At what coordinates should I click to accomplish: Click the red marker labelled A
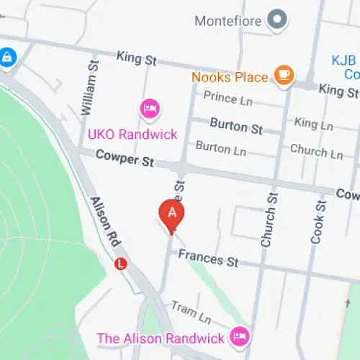point(171,214)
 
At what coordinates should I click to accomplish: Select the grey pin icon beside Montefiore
point(276,20)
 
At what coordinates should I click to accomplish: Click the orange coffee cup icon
point(284,76)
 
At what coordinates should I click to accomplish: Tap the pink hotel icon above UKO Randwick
point(150,109)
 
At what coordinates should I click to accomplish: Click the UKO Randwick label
point(132,134)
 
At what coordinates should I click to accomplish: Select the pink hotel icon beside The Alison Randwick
point(239,336)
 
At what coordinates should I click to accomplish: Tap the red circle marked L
point(121,264)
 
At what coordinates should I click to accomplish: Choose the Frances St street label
point(208,258)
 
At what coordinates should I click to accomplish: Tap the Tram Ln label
point(190,311)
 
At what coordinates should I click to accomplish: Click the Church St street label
point(269,219)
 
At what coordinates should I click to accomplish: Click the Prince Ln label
point(230,96)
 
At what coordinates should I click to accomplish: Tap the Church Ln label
point(316,150)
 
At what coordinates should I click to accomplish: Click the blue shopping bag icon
point(7,56)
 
